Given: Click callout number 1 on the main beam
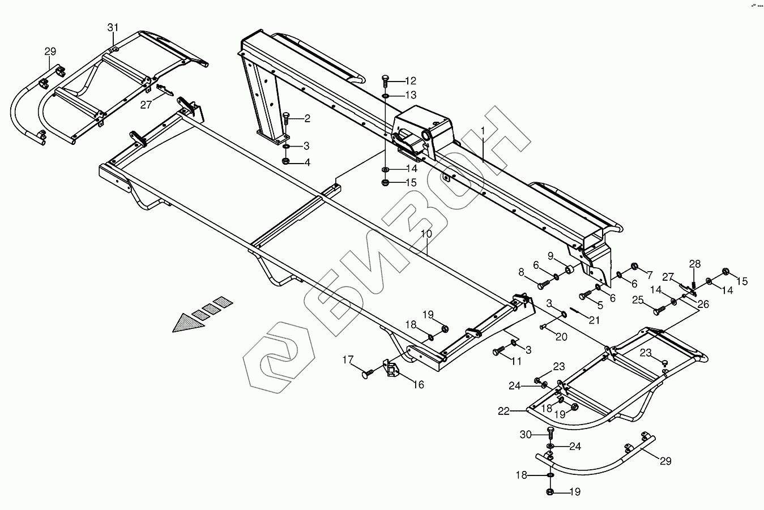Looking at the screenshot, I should (x=483, y=130).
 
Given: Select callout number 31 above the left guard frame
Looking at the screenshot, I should (x=113, y=28).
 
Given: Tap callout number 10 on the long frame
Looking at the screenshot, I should (x=426, y=233).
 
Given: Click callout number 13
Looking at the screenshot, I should (x=410, y=95).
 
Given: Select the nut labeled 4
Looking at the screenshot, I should (x=286, y=162).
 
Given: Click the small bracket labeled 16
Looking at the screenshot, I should (x=391, y=369).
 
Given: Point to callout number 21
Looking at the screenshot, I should (x=594, y=320).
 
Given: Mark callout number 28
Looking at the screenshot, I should (x=695, y=263).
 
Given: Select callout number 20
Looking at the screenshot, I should (x=561, y=337).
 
